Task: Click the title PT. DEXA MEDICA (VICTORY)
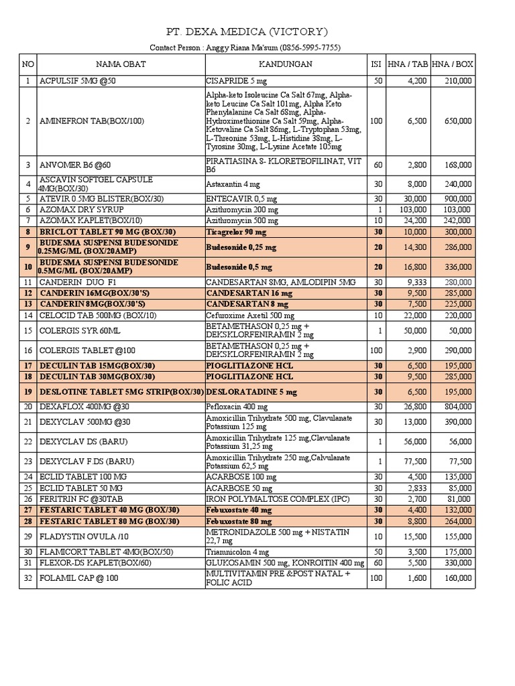pyautogui.click(x=247, y=31)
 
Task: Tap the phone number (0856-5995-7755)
pyautogui.click(x=313, y=48)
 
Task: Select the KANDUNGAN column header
pyautogui.click(x=285, y=64)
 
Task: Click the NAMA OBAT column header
pyautogui.click(x=121, y=64)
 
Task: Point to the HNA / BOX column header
pyautogui.click(x=453, y=64)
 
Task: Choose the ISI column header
pyautogui.click(x=376, y=64)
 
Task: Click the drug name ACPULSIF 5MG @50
pyautogui.click(x=78, y=81)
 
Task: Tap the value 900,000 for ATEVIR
pyautogui.click(x=457, y=198)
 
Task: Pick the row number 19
pyautogui.click(x=28, y=391)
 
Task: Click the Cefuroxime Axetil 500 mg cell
pyautogui.click(x=250, y=315)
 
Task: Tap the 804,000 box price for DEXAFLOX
pyautogui.click(x=457, y=406)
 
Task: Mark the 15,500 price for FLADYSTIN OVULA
pyautogui.click(x=415, y=536)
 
